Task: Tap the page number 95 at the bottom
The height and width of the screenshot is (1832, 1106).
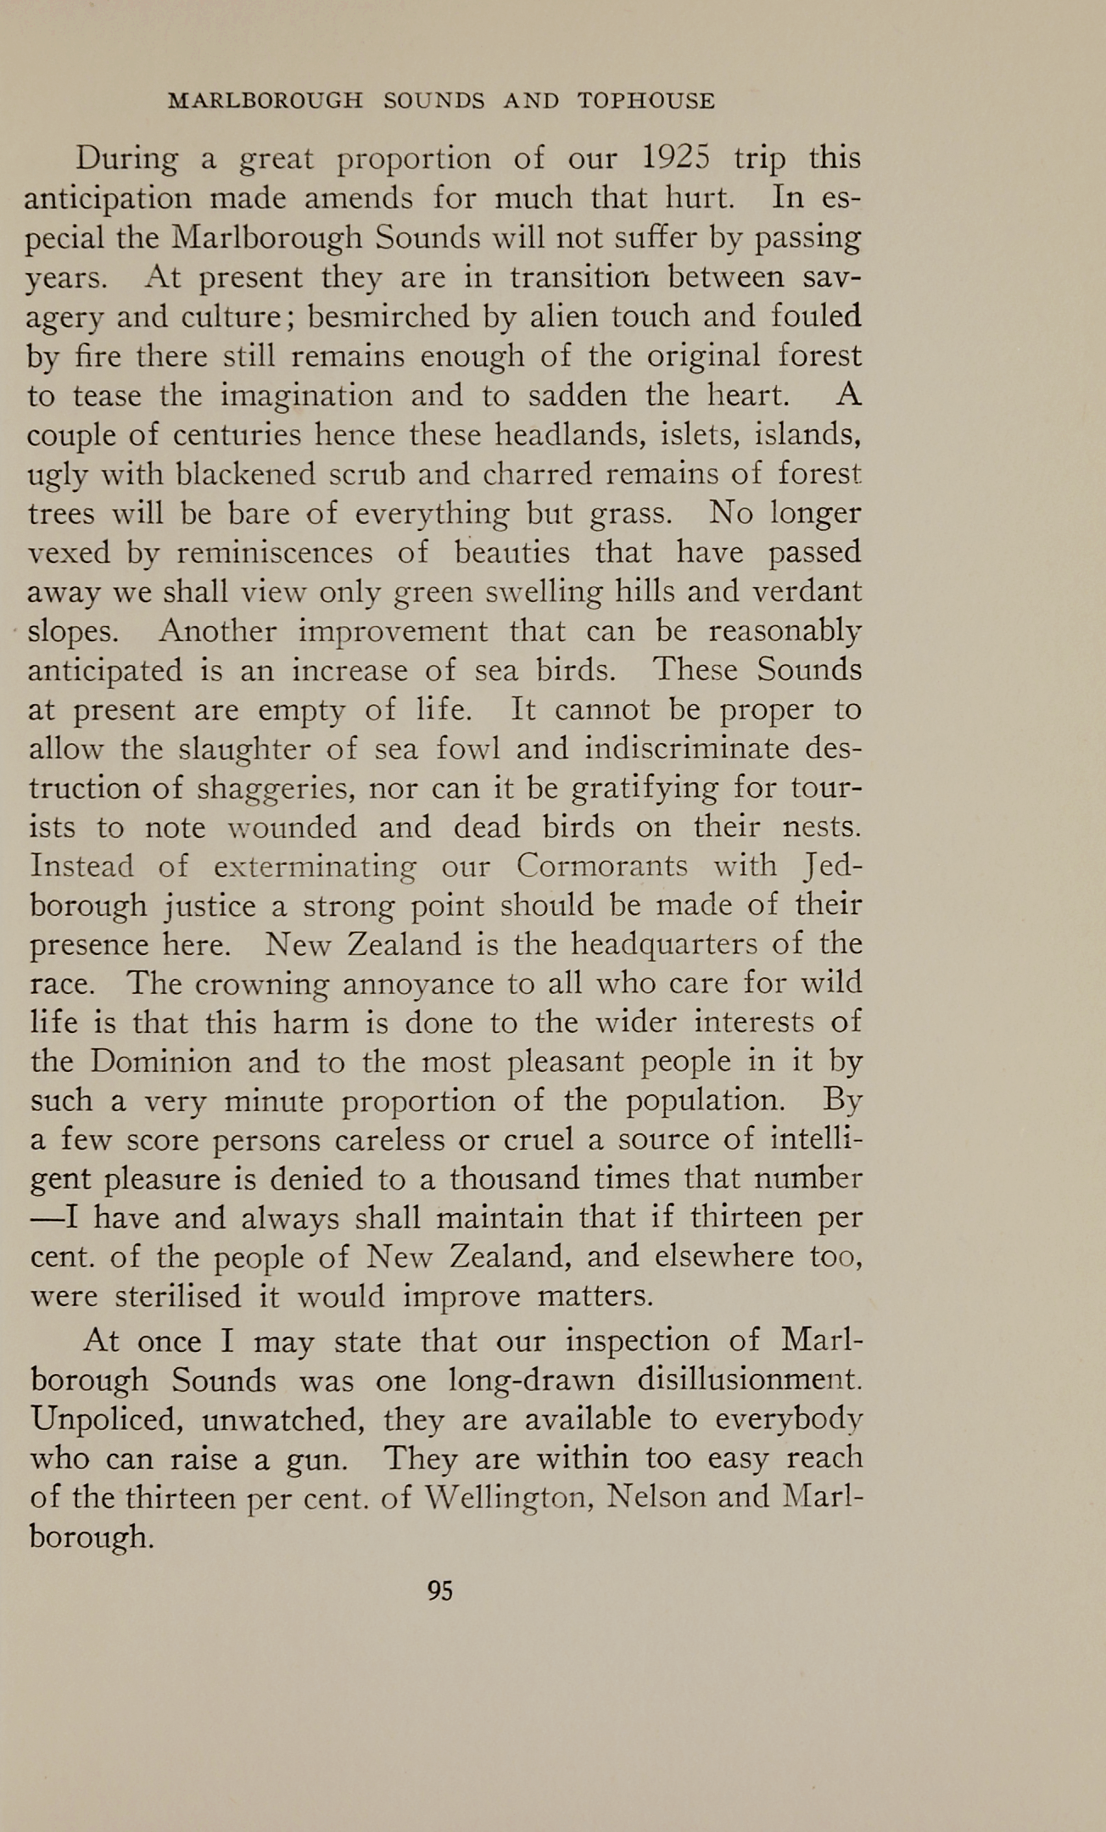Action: [x=441, y=1590]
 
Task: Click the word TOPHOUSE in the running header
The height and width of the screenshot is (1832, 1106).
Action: [x=646, y=102]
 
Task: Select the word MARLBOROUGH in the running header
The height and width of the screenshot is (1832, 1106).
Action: [x=265, y=102]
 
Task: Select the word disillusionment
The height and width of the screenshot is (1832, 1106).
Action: [x=750, y=1380]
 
